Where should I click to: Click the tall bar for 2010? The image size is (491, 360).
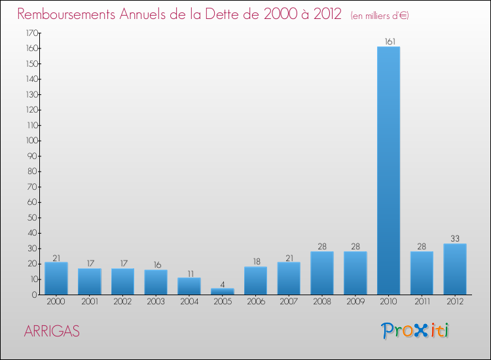click(388, 170)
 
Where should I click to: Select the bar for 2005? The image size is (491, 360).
click(222, 291)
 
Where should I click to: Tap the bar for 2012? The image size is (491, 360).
click(454, 269)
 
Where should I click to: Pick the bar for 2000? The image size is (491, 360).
click(56, 278)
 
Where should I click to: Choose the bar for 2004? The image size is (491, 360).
click(189, 286)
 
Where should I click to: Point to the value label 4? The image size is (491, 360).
click(222, 284)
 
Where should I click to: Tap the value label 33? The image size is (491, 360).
click(454, 239)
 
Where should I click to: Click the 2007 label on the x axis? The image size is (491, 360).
click(289, 302)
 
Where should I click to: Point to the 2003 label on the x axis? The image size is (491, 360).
click(156, 302)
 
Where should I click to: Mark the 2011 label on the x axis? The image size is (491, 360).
click(422, 302)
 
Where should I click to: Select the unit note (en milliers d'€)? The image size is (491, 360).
click(380, 15)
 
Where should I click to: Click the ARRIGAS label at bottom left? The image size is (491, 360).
click(52, 331)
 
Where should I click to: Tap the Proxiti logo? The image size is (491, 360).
click(415, 331)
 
